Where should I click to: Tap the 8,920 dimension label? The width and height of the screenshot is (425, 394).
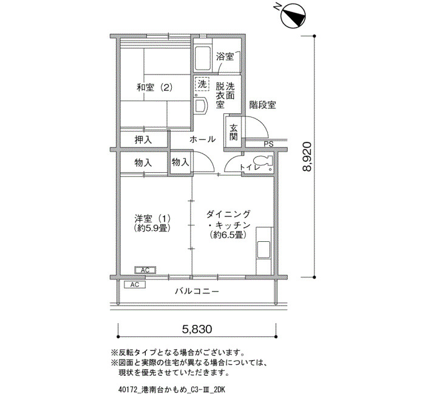(x=307, y=156)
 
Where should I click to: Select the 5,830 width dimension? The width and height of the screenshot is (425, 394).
(x=197, y=329)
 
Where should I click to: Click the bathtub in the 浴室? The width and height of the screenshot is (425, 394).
(x=203, y=58)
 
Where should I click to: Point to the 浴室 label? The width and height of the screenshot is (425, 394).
(x=225, y=56)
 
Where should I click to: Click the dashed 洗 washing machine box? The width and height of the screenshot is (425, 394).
(x=202, y=84)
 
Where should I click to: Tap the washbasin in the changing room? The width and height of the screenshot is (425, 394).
(x=201, y=105)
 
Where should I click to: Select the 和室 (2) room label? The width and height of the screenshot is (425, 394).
(x=154, y=87)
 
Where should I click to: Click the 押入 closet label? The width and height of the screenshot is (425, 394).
(x=143, y=139)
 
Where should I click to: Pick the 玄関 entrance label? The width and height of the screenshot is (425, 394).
(x=233, y=132)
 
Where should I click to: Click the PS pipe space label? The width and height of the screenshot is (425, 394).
(x=268, y=144)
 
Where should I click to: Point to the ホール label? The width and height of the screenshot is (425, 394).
(x=202, y=139)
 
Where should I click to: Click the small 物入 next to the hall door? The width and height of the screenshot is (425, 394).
(x=180, y=162)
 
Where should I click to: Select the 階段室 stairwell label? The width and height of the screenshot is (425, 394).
(x=262, y=105)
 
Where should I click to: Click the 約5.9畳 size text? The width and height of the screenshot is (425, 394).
(x=152, y=228)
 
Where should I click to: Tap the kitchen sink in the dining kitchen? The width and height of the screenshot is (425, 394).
(x=263, y=250)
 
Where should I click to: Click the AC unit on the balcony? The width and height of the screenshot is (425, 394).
(x=135, y=284)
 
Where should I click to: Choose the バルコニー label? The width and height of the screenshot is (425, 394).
(x=197, y=292)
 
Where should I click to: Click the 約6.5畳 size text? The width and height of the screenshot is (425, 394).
(x=228, y=235)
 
